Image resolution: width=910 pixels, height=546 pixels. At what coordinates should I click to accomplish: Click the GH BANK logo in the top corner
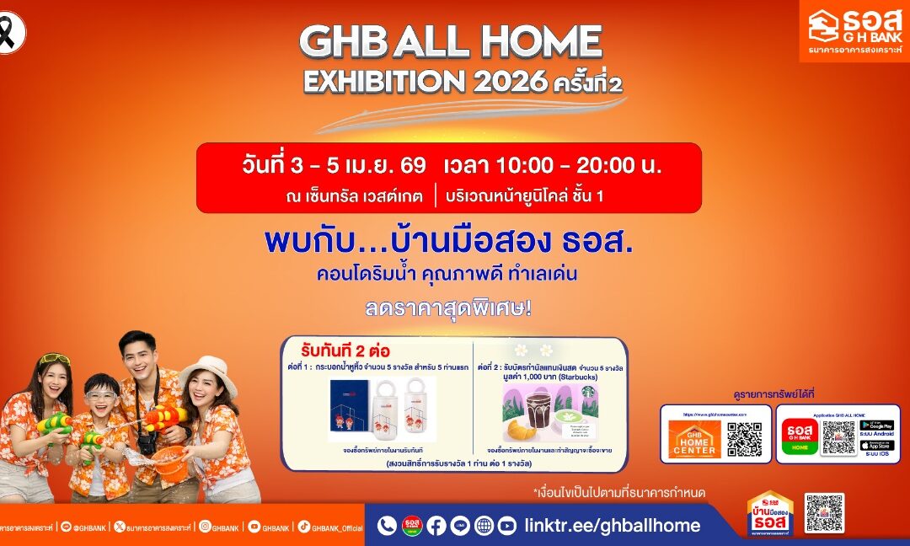(x=854, y=30)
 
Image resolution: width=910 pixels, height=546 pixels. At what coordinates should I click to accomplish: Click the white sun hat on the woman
(x=208, y=372)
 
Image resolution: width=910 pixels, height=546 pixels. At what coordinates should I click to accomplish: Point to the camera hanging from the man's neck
(x=148, y=439)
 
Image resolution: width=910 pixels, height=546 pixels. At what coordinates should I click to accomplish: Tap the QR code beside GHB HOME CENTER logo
(x=744, y=439)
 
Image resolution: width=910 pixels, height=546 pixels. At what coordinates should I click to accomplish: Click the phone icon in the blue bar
(x=387, y=526)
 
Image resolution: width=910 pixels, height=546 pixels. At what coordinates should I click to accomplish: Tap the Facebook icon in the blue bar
(x=436, y=526)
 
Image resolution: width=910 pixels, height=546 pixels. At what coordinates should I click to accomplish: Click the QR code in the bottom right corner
(x=823, y=513)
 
